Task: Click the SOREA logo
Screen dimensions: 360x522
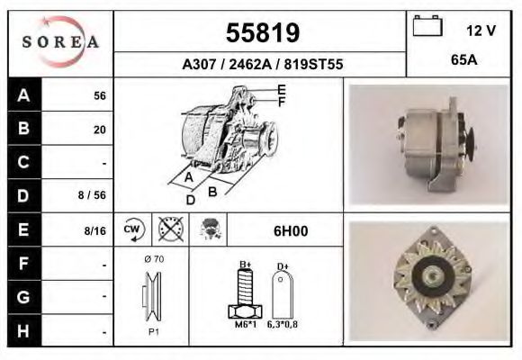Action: click(60, 43)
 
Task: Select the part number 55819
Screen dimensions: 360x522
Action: click(262, 33)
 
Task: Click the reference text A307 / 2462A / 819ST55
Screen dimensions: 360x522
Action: click(262, 65)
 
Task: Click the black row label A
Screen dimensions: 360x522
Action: click(24, 95)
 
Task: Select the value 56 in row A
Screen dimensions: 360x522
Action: click(99, 96)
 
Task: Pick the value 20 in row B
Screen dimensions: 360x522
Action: click(99, 130)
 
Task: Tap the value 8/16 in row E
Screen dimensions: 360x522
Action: click(94, 230)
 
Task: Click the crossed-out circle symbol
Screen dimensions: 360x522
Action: click(170, 230)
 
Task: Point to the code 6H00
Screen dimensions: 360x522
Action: click(291, 231)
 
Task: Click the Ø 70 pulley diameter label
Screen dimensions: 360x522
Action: click(152, 259)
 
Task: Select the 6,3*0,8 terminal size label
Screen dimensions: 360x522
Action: click(283, 325)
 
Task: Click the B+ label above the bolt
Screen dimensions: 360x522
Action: click(244, 264)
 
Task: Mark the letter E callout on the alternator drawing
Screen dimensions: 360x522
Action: click(281, 89)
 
